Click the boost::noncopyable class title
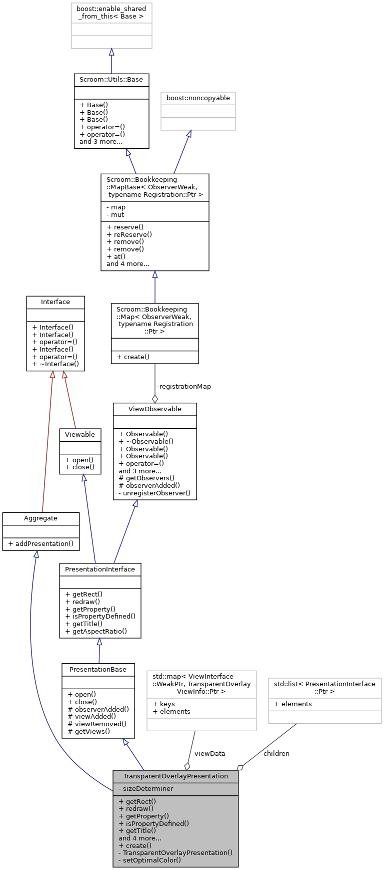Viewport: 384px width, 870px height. (198, 98)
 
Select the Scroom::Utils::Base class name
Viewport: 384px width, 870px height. (111, 80)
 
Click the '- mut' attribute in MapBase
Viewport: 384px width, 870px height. (115, 215)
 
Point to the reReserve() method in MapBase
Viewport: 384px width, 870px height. (129, 234)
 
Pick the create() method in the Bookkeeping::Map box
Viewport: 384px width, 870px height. (132, 357)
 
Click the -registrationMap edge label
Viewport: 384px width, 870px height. (183, 387)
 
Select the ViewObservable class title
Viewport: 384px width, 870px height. (154, 409)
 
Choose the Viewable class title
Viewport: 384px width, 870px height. (80, 435)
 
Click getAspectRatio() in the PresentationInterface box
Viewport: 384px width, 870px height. (96, 632)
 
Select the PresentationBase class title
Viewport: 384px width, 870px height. (98, 670)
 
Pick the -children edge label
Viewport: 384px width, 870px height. (275, 754)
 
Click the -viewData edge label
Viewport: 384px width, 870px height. (208, 754)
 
